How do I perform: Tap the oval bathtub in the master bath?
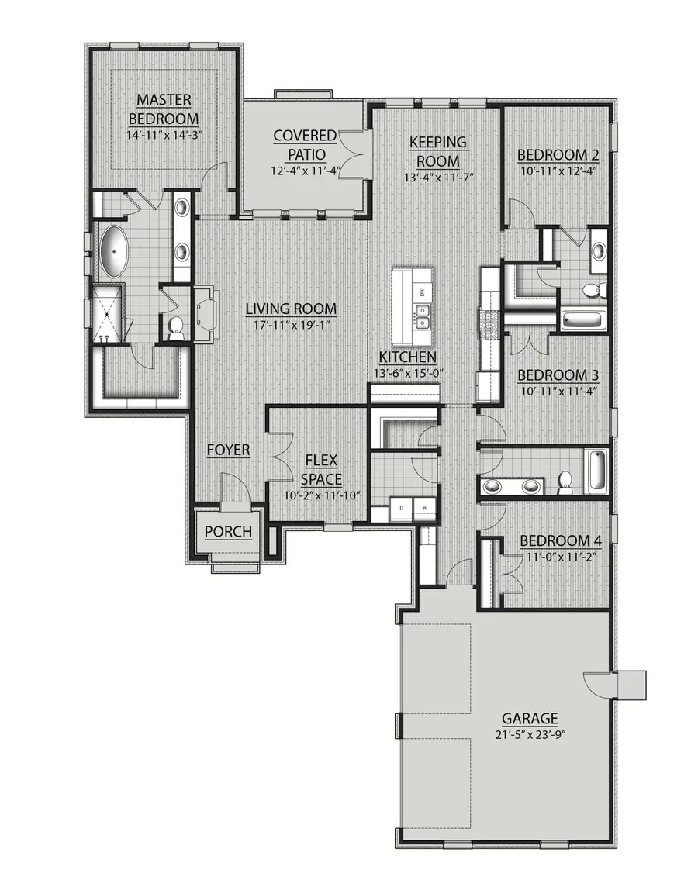pyautogui.click(x=114, y=251)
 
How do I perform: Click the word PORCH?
pyautogui.click(x=228, y=531)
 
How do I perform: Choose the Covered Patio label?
pyautogui.click(x=305, y=145)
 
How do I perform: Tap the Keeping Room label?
pyautogui.click(x=438, y=151)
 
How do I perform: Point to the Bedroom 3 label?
pyautogui.click(x=558, y=375)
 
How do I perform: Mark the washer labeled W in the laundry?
pyautogui.click(x=424, y=509)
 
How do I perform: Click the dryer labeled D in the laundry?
pyautogui.click(x=402, y=509)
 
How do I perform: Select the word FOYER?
pyautogui.click(x=228, y=450)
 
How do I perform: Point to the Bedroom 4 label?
pyautogui.click(x=560, y=540)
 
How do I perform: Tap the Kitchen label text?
pyautogui.click(x=407, y=357)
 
